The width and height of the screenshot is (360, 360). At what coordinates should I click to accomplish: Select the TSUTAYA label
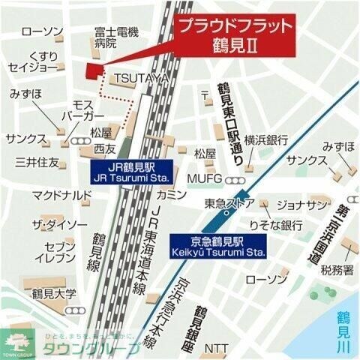(139, 78)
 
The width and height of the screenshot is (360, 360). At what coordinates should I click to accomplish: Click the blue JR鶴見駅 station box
(132, 174)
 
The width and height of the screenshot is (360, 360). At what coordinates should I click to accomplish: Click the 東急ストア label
(229, 203)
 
